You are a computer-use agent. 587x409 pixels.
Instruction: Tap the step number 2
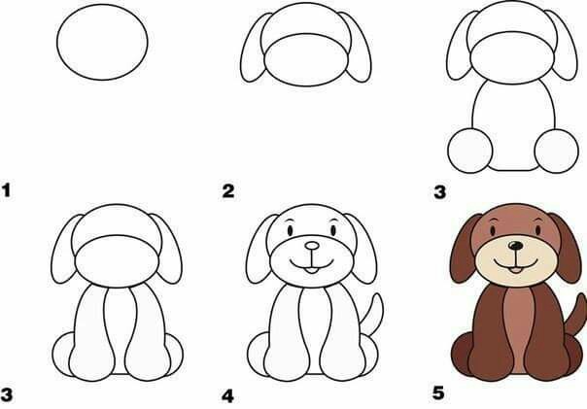228,191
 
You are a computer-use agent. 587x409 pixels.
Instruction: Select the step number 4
228,395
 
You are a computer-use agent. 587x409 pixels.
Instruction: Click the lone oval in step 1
103,45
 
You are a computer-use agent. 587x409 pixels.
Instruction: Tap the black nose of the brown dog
513,248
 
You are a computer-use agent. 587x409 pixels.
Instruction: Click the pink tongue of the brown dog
514,269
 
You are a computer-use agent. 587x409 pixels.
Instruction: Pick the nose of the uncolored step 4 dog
310,248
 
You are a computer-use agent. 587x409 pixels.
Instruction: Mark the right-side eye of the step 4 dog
330,232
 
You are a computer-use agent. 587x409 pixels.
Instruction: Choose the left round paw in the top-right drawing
471,152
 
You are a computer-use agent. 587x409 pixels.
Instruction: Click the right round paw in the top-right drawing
555,152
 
